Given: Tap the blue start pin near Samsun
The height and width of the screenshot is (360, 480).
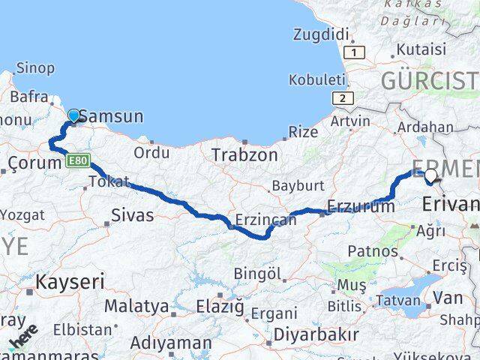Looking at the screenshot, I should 73,115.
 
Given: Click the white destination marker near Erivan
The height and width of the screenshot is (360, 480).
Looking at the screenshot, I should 430,176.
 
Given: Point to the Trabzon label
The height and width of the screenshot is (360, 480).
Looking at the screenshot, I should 244,155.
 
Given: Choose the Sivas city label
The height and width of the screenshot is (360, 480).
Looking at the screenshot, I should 132,216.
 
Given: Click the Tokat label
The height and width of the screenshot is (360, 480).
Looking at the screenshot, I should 109,181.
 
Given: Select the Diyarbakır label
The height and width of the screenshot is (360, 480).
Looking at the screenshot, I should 316,334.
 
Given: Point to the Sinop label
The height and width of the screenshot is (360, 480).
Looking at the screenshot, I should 34,68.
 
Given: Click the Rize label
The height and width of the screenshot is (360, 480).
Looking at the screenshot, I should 303,133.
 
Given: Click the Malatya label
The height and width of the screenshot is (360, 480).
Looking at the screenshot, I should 136,306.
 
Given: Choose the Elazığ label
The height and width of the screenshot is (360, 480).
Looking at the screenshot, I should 219,306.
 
